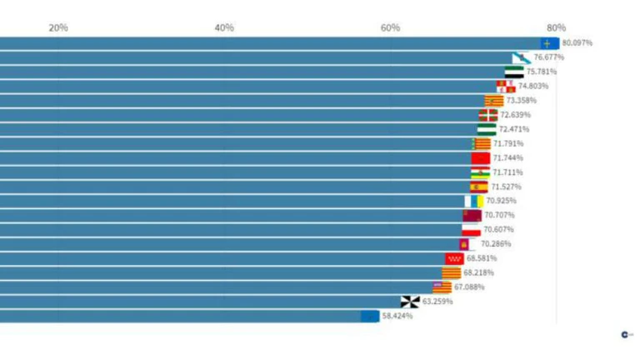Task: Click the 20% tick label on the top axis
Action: click(x=58, y=27)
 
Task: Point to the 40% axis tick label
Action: click(x=224, y=27)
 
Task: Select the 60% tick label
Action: click(x=390, y=27)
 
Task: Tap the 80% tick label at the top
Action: click(x=556, y=27)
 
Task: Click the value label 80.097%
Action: click(x=577, y=42)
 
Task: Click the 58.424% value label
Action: click(x=397, y=317)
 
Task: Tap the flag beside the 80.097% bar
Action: click(x=549, y=42)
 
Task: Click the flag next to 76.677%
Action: click(x=521, y=57)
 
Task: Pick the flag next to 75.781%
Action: click(x=513, y=72)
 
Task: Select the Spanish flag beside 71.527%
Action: click(x=478, y=187)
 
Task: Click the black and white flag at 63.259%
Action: click(x=410, y=302)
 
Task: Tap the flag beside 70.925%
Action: click(x=473, y=201)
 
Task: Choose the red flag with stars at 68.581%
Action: click(x=454, y=258)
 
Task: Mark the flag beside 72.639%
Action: click(x=487, y=115)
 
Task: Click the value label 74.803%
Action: click(x=533, y=86)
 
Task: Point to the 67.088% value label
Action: click(x=469, y=287)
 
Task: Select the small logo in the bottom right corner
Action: click(x=626, y=334)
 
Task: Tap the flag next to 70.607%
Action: click(x=472, y=230)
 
